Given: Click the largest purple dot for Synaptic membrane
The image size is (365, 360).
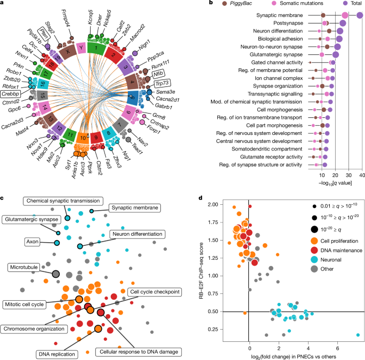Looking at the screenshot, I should click(360, 15).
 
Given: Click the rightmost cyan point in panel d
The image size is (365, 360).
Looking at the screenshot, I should click(358, 335).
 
